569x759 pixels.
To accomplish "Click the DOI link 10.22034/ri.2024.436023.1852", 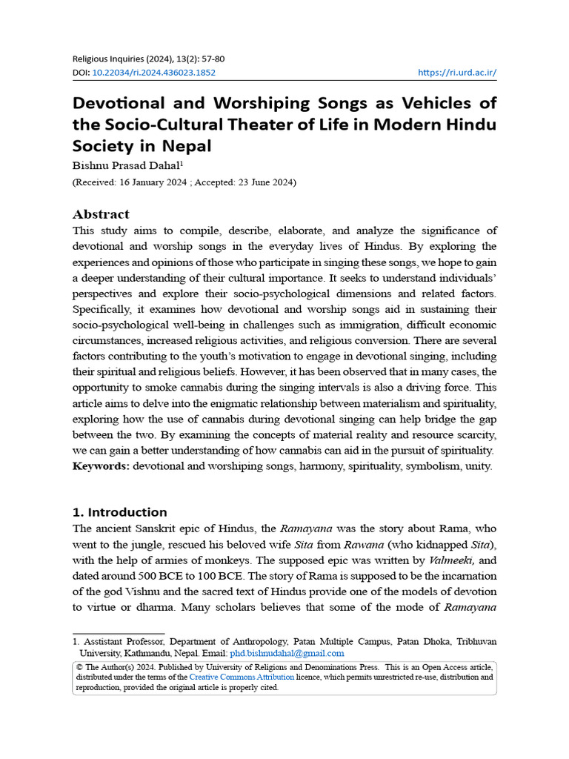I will [x=154, y=73].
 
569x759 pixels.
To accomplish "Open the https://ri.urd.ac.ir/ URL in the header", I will [x=457, y=73].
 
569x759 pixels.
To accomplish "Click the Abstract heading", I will [x=101, y=214].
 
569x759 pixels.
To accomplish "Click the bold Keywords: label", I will [x=101, y=466].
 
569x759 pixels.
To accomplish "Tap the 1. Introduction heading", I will [x=119, y=512].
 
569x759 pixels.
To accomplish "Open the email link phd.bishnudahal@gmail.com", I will [x=287, y=653].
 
